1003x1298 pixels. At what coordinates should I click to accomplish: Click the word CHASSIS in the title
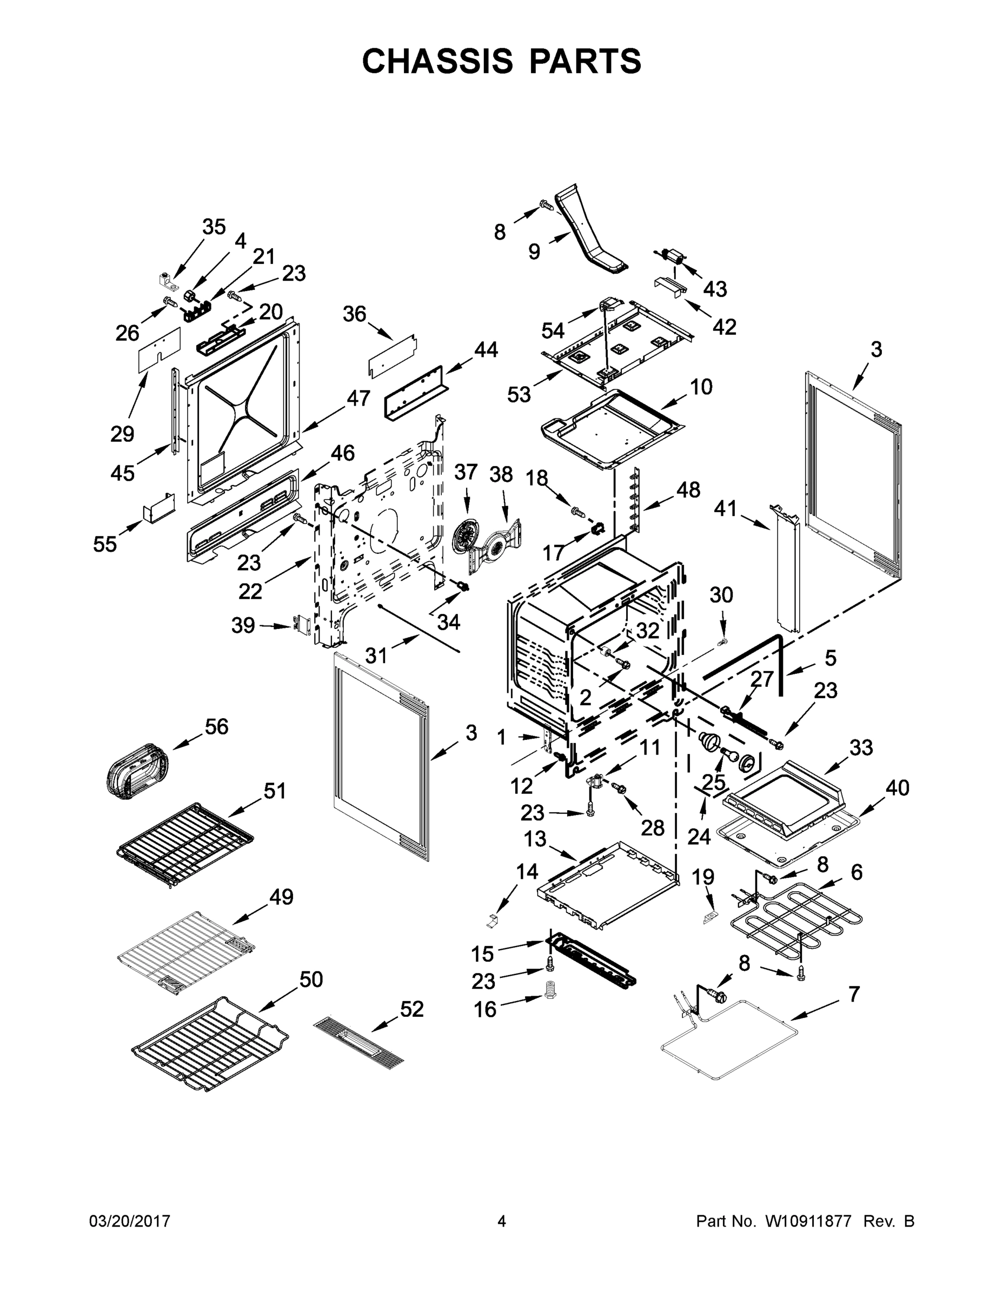437,61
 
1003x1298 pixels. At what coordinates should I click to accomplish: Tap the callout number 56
216,726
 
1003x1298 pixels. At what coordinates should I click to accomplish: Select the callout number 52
412,1009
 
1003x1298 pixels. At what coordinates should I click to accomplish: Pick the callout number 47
358,398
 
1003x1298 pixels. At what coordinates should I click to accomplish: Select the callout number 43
715,289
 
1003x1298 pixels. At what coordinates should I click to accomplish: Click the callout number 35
214,227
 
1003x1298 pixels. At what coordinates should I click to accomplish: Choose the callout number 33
861,747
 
